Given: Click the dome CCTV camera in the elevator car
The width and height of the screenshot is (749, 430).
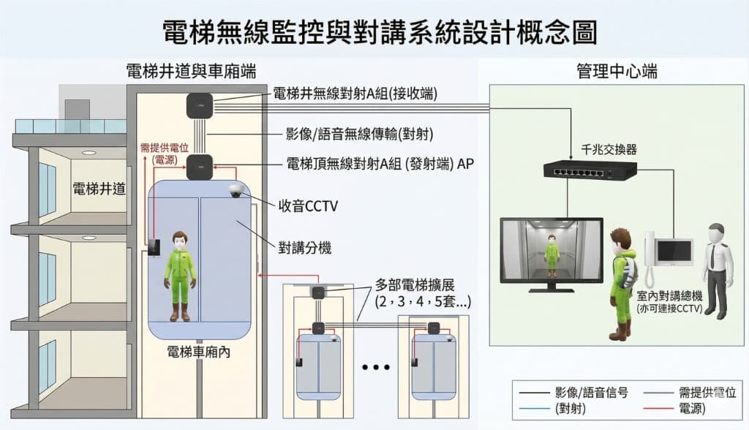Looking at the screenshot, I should click(x=236, y=191).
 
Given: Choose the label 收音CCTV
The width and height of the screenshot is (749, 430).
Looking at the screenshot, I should click(x=308, y=206).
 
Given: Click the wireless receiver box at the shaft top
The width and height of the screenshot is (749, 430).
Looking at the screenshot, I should click(x=198, y=105).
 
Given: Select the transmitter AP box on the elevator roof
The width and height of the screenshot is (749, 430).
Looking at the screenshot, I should click(x=198, y=167).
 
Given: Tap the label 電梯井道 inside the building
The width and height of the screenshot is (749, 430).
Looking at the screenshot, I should click(x=99, y=189).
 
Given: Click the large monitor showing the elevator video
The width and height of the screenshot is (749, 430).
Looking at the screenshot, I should click(x=551, y=250).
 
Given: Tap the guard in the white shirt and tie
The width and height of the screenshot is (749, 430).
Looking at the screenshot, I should click(x=716, y=271).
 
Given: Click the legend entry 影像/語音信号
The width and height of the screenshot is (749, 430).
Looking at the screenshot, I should click(x=587, y=391).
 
